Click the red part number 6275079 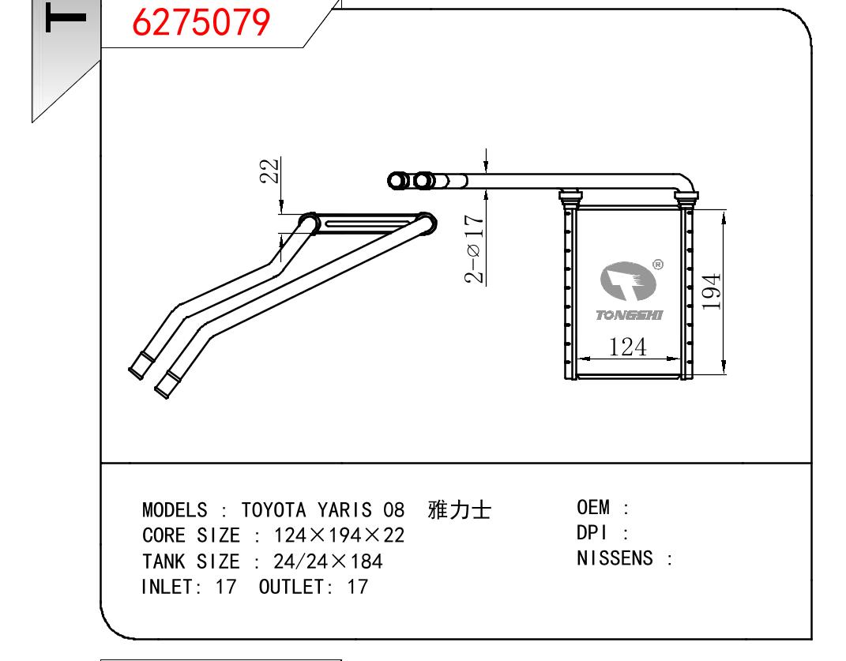point(201,22)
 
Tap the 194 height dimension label point(712,291)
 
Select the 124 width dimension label point(627,347)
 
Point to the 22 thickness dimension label point(270,171)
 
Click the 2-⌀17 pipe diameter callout point(474,249)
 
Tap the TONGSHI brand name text point(629,315)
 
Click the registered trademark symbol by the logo point(658,265)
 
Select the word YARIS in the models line point(344,510)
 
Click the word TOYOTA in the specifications point(273,510)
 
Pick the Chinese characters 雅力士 point(459,510)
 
